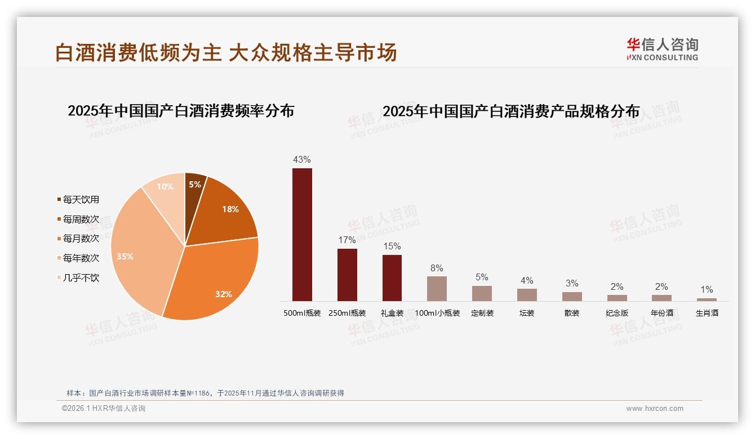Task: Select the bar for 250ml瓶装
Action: click(347, 275)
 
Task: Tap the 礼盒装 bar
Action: click(392, 277)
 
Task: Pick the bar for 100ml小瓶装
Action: click(437, 288)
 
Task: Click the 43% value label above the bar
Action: click(302, 159)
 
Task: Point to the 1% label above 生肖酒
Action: click(707, 290)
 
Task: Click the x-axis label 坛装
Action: click(527, 313)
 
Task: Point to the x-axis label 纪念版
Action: click(617, 313)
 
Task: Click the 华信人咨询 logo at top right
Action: click(662, 49)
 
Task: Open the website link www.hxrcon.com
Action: click(655, 409)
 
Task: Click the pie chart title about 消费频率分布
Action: click(181, 111)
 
